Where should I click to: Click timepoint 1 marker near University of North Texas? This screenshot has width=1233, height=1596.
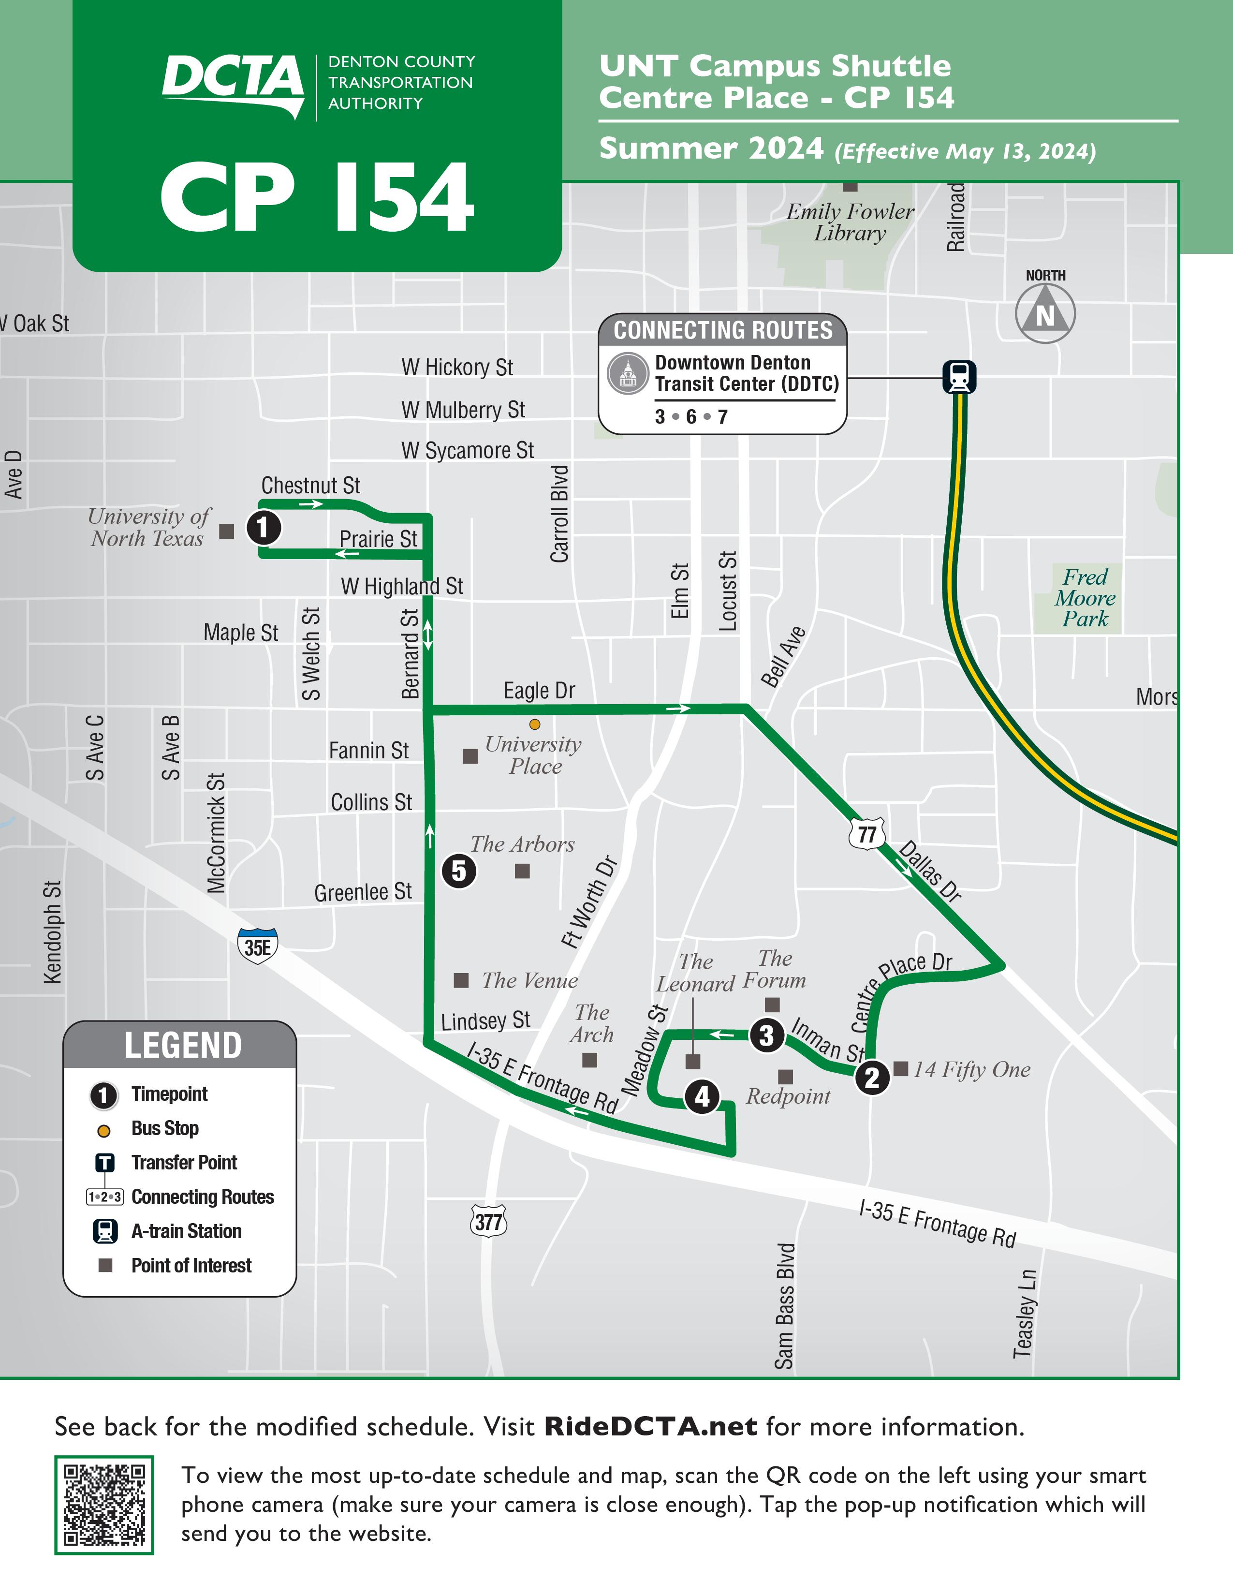[x=264, y=527]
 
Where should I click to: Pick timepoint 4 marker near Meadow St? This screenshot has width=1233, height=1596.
[x=702, y=1096]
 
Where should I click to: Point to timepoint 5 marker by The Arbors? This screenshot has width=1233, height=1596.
[x=459, y=871]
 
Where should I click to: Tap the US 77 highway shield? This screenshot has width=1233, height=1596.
[x=867, y=834]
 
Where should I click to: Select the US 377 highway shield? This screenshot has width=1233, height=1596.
[x=489, y=1221]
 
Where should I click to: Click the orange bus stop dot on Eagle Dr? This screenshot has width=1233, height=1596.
[x=535, y=724]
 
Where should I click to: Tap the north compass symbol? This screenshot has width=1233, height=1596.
[x=1045, y=313]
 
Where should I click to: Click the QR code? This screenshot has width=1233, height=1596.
[x=104, y=1505]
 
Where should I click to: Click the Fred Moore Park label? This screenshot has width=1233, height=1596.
[x=1085, y=598]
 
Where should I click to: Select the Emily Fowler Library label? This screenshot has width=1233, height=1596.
[x=850, y=222]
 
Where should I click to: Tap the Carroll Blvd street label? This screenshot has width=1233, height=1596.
[x=559, y=514]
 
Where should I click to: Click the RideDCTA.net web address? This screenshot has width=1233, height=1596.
[x=651, y=1426]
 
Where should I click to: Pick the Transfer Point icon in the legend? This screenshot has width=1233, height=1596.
[x=104, y=1162]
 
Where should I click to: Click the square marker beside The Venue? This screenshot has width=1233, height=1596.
[x=461, y=980]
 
